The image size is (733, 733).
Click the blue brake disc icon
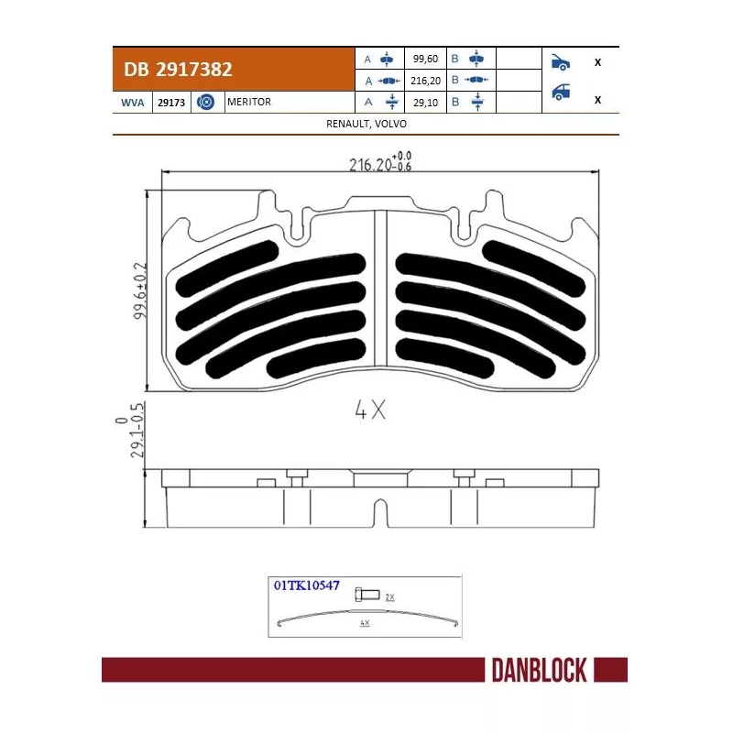206,103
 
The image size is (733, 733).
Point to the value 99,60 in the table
425,59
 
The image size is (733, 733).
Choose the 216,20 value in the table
425,81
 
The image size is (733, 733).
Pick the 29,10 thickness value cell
425,103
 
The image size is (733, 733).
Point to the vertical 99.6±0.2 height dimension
140,290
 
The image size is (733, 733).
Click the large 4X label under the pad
369,411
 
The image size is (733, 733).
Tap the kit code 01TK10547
306,584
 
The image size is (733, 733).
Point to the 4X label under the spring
364,623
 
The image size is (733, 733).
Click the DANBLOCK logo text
533,671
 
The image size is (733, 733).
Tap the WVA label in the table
134,103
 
